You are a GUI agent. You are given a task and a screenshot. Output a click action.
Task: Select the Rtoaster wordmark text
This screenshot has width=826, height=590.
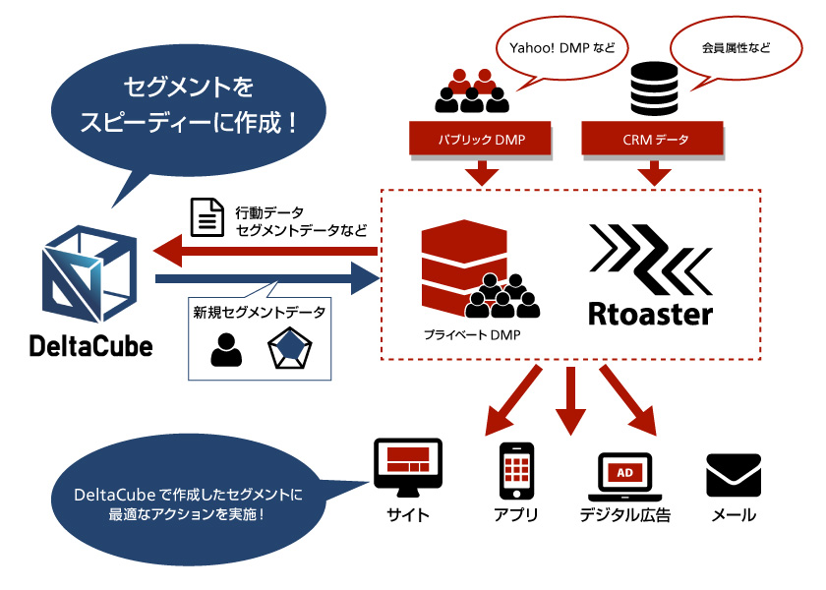click(x=650, y=314)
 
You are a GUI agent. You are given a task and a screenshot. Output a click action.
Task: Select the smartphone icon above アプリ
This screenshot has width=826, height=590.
click(x=516, y=471)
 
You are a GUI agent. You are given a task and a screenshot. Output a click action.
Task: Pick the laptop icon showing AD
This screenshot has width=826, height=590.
click(x=624, y=477)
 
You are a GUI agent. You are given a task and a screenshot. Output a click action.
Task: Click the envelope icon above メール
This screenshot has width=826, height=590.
click(x=734, y=475)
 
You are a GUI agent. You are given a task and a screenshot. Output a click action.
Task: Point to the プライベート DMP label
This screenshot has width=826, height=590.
click(x=466, y=335)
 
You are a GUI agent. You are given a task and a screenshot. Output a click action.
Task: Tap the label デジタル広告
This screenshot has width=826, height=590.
click(x=624, y=515)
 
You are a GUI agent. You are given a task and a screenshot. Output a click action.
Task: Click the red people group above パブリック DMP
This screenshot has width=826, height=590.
click(x=472, y=90)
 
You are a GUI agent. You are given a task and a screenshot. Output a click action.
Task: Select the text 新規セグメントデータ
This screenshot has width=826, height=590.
click(x=260, y=312)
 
